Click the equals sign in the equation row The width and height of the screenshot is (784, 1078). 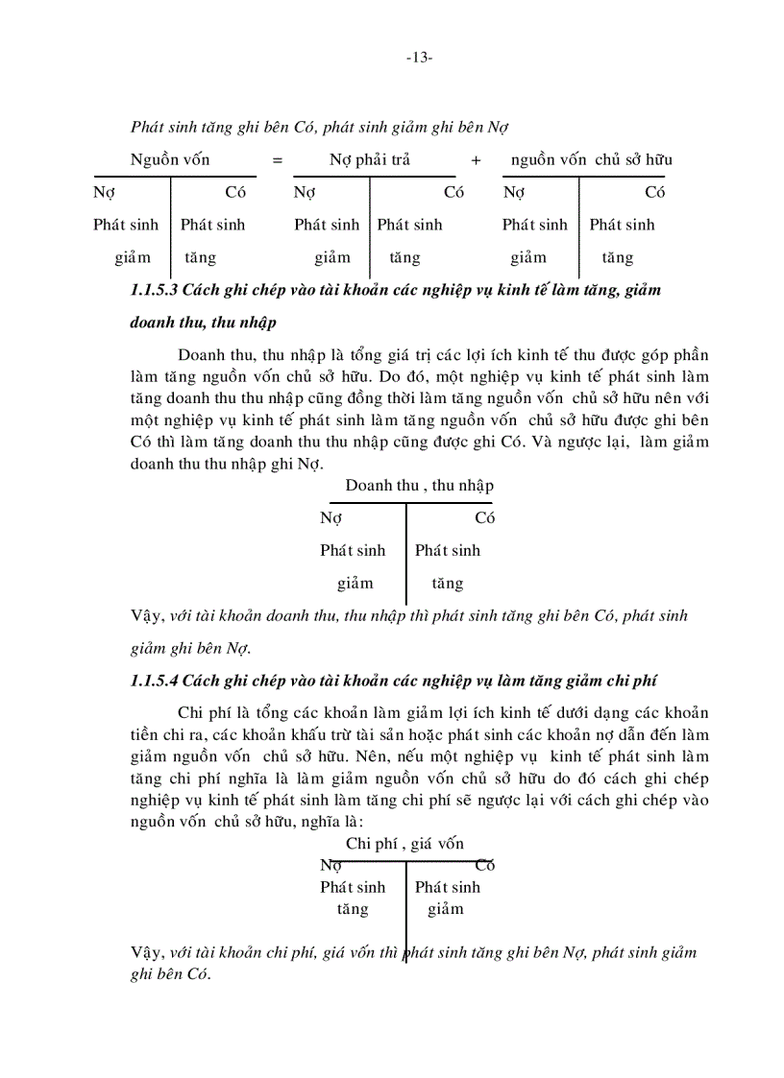(x=278, y=160)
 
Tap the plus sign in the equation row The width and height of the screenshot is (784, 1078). (x=476, y=160)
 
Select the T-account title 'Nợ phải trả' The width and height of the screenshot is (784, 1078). (x=370, y=159)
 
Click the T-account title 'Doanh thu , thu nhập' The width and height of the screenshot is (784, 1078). (x=419, y=486)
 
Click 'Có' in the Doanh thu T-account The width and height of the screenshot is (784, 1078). (x=485, y=518)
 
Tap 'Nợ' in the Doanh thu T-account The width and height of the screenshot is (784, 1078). (x=331, y=518)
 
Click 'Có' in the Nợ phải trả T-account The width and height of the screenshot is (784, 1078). (x=453, y=192)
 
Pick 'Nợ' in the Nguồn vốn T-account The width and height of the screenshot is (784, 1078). (x=104, y=192)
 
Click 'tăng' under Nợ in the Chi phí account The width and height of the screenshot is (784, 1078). (x=353, y=908)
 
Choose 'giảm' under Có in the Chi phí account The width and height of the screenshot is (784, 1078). (x=446, y=908)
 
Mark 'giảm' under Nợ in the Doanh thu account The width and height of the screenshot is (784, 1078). (x=355, y=583)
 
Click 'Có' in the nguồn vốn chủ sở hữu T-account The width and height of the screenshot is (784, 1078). (x=655, y=192)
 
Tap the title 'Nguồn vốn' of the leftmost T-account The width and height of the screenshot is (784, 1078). (x=170, y=159)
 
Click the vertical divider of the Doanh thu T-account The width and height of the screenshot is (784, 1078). (x=406, y=552)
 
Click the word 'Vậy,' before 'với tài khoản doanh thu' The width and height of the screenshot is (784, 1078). (x=146, y=616)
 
